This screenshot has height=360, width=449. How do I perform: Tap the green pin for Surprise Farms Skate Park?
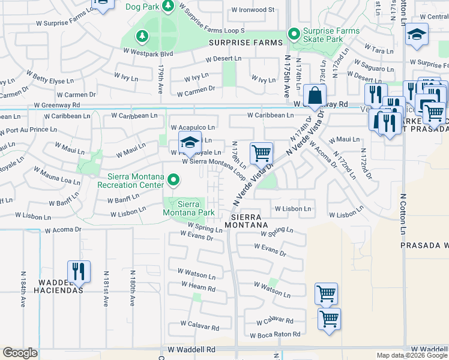(x=294, y=34)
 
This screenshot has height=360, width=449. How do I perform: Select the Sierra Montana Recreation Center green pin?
(x=173, y=179)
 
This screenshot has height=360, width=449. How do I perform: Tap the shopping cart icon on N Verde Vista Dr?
(x=261, y=154)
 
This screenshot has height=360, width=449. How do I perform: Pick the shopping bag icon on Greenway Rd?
(x=315, y=95)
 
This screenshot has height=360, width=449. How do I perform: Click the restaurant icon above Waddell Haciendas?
(x=79, y=272)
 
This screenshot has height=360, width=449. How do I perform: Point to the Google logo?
(x=20, y=353)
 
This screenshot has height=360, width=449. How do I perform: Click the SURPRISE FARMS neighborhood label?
(x=246, y=43)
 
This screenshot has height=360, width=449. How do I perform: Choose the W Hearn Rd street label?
(x=196, y=289)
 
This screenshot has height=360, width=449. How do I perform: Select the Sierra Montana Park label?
(x=188, y=208)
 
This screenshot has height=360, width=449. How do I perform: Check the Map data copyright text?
(x=411, y=355)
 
